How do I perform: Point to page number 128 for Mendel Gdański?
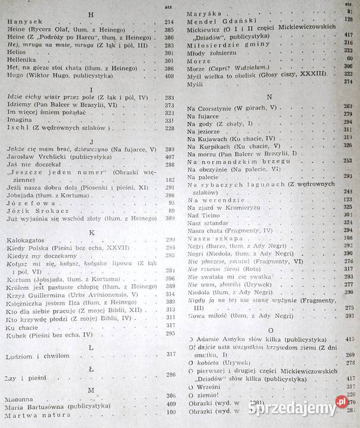point(348,19)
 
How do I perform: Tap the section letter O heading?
point(270,329)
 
